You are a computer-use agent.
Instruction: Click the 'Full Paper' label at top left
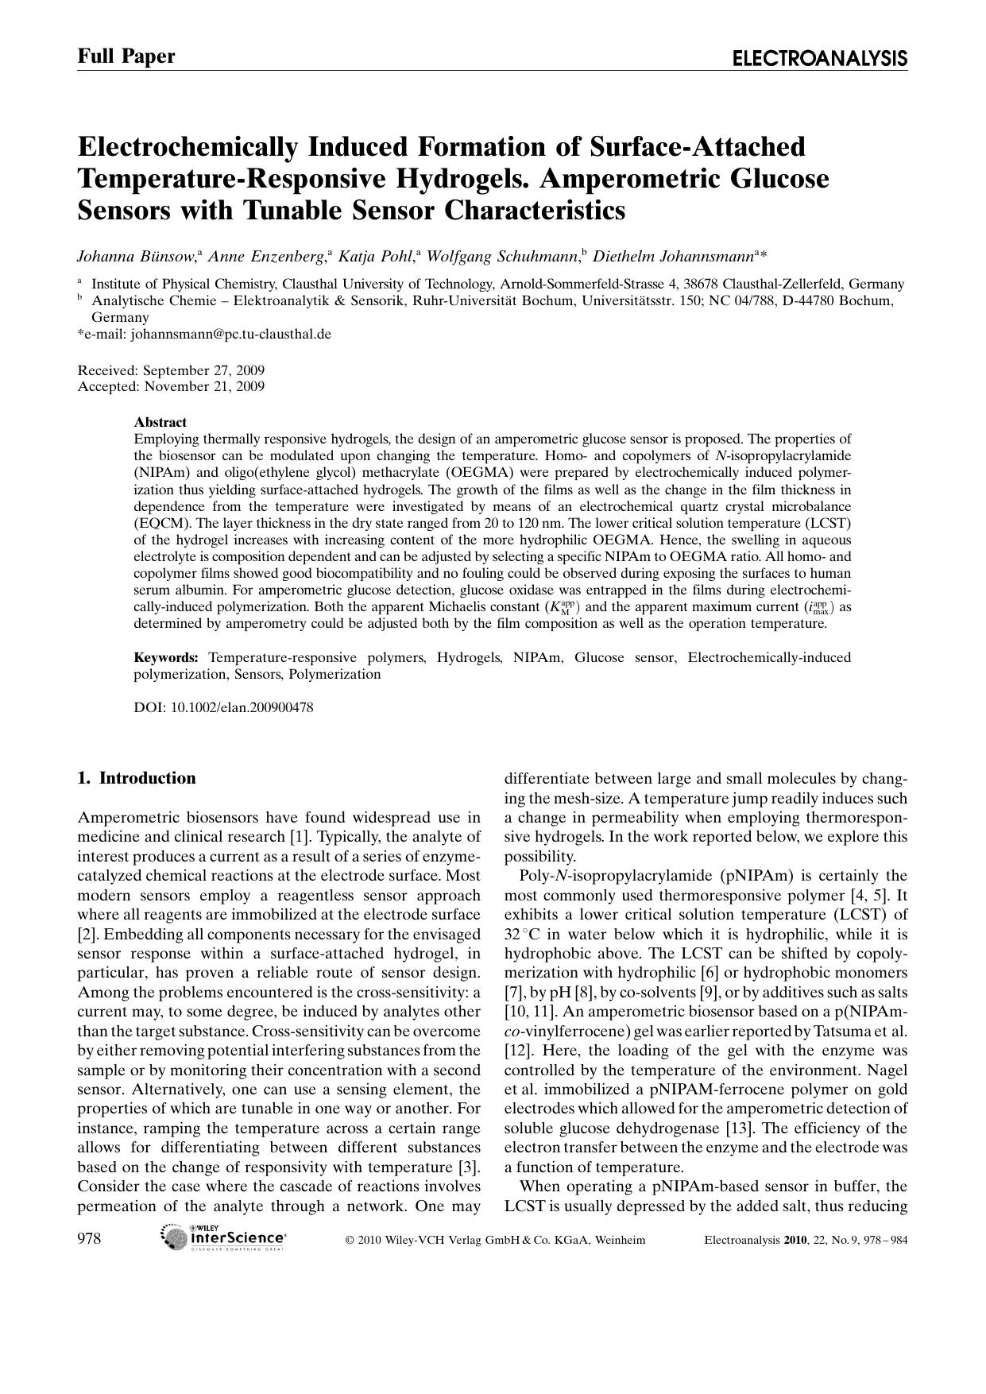click(x=126, y=56)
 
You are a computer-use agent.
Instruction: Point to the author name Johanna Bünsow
click(x=136, y=256)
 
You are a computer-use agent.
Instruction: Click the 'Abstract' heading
click(x=160, y=422)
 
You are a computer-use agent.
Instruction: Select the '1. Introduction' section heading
click(x=137, y=778)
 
